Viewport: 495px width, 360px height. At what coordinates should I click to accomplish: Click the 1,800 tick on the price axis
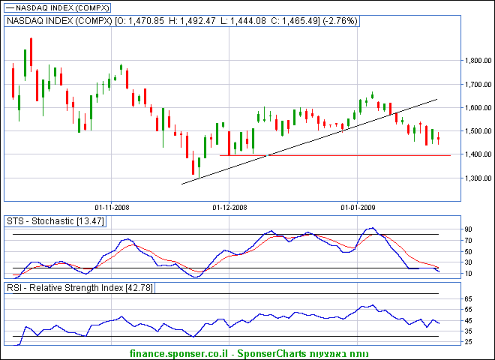477,61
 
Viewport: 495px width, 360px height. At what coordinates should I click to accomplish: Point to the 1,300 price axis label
477,178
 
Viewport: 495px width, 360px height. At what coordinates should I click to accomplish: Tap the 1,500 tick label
477,131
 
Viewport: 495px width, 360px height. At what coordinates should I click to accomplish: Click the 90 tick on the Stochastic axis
467,229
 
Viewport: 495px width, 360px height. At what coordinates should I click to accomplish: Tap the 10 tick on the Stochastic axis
467,273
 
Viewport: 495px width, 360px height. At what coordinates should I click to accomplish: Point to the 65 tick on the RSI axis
467,299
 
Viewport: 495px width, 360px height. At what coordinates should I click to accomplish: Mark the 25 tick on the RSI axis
467,342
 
